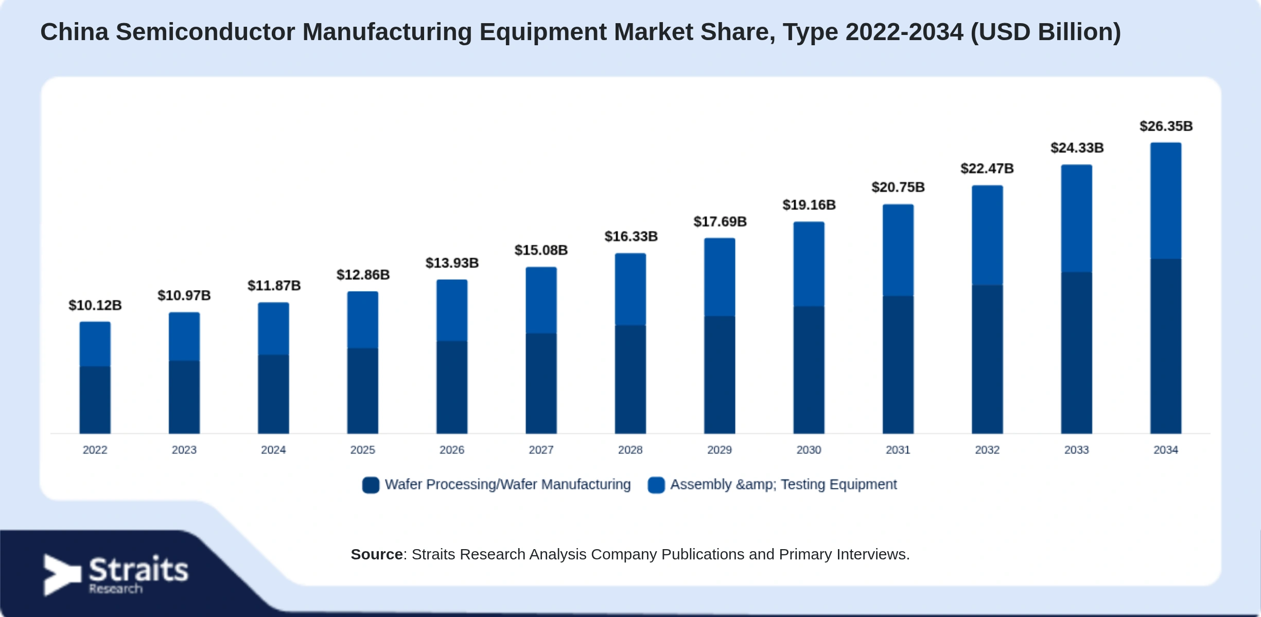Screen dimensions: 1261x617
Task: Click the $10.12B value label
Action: (95, 305)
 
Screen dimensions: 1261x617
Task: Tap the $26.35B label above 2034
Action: (1166, 126)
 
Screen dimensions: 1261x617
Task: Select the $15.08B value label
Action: (541, 250)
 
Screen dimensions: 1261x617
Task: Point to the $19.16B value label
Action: (809, 205)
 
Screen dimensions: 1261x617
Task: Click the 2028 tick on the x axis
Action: (630, 450)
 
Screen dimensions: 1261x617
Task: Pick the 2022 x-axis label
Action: (95, 450)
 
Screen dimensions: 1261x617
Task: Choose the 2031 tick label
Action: (898, 450)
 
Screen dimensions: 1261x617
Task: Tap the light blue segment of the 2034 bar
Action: (1166, 201)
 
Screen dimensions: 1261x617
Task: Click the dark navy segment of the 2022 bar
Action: (95, 400)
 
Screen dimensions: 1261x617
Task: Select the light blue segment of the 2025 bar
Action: (363, 320)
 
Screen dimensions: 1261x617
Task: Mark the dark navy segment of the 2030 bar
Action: (809, 370)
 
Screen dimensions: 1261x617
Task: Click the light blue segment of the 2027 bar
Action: (541, 300)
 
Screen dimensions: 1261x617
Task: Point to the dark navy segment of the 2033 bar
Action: (1077, 353)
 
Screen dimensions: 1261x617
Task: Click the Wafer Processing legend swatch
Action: (371, 485)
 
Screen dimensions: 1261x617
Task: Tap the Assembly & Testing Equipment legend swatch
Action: (656, 485)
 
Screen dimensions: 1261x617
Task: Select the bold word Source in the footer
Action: (377, 554)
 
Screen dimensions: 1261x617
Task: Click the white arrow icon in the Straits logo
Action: (61, 575)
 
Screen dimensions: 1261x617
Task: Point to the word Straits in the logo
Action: (139, 570)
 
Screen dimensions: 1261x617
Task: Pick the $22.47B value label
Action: (987, 169)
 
